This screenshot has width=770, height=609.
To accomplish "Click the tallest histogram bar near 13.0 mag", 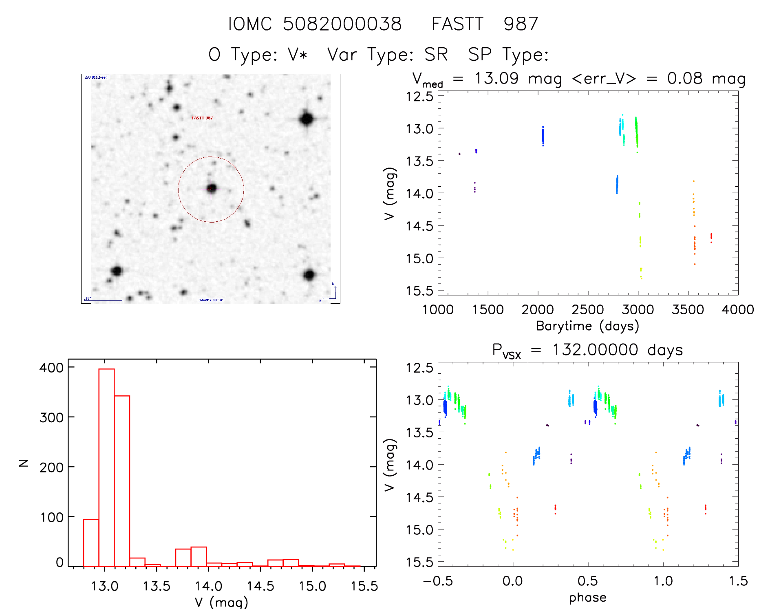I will click(106, 467).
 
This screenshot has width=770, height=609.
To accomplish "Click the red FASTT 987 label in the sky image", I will click(202, 118).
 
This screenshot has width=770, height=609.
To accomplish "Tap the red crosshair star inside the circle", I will click(211, 189).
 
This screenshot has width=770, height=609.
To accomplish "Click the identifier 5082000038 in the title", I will click(342, 24).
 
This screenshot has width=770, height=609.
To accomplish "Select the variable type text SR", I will click(436, 55).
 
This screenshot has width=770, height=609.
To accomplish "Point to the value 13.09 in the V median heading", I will click(496, 78).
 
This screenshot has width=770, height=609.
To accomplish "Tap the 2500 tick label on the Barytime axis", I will click(587, 310).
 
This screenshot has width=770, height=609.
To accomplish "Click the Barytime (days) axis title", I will click(587, 326).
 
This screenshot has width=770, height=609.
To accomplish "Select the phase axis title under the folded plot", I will click(587, 598).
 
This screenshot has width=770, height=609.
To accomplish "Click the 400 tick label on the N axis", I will click(51, 368).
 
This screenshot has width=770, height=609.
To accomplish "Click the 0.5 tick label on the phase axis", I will click(587, 581).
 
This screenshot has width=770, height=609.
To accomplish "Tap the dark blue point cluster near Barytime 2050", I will click(543, 136).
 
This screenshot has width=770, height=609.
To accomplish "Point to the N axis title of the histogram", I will click(24, 463).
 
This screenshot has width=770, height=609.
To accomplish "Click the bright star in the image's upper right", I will click(307, 119).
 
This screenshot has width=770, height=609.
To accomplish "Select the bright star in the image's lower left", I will click(117, 271).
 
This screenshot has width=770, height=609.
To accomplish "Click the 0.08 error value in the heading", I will click(684, 78).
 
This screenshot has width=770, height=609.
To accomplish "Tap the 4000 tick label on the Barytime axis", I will click(737, 310).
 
